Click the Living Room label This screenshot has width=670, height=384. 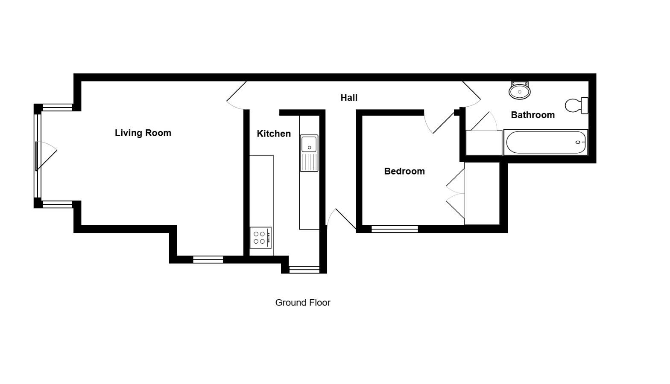point(143,133)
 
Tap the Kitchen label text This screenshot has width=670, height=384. point(274,134)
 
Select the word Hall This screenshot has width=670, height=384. point(349,98)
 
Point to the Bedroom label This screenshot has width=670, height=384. point(404,171)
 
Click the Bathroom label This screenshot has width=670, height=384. point(532,115)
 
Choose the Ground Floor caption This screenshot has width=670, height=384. point(303,303)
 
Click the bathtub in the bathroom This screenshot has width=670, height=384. point(546,143)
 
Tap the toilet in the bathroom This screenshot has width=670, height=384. point(576,105)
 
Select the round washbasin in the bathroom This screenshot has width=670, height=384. point(520,90)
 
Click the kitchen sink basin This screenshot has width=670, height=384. point(309,144)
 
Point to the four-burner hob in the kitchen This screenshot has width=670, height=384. point(260,238)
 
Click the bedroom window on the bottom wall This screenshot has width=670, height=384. point(395,229)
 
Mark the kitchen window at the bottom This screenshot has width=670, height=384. point(304,270)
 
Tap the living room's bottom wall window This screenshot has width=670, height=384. point(208,260)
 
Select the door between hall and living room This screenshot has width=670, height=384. point(237,96)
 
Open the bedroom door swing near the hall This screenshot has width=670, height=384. point(439,122)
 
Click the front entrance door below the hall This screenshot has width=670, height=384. point(341,219)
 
